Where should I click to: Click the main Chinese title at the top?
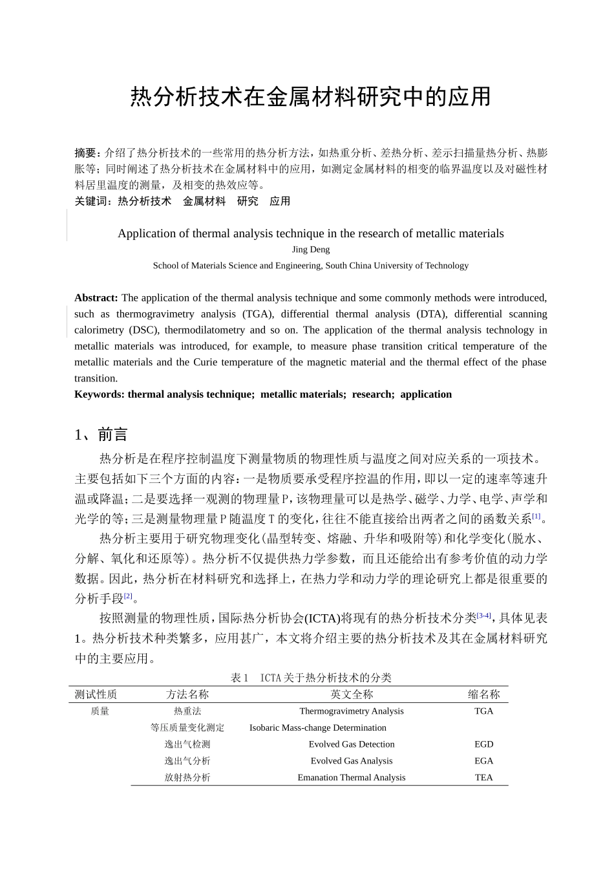click(310, 97)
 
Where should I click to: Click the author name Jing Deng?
click(310, 250)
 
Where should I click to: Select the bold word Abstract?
click(96, 298)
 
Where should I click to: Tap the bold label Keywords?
click(100, 394)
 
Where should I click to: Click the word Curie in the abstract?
click(209, 362)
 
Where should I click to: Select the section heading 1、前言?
click(101, 434)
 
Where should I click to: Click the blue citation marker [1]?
click(536, 516)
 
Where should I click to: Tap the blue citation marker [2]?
click(128, 595)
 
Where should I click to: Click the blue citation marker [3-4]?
click(483, 616)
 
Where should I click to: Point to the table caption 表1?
click(240, 678)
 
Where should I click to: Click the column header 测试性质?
click(96, 694)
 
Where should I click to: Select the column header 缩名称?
click(483, 694)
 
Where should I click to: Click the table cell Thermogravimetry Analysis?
click(351, 711)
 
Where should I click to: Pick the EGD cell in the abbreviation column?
click(483, 744)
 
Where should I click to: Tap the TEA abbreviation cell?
click(483, 778)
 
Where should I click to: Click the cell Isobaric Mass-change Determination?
click(317, 728)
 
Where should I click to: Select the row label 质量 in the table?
click(100, 711)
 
